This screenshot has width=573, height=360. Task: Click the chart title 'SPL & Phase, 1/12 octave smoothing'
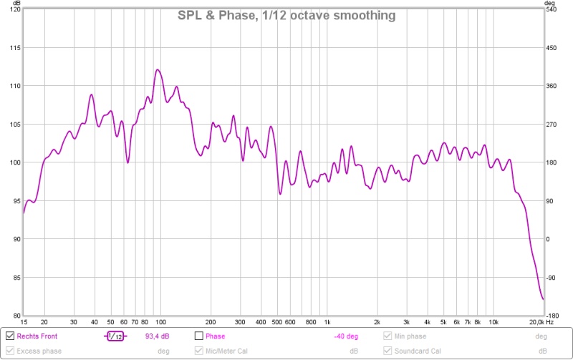click(x=286, y=15)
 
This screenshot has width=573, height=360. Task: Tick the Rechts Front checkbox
click(x=10, y=336)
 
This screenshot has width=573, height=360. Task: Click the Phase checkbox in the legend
click(x=199, y=336)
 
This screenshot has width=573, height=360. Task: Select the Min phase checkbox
click(x=388, y=336)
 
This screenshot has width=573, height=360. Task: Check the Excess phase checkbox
click(x=10, y=351)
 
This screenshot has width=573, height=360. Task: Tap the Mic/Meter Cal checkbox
click(x=199, y=351)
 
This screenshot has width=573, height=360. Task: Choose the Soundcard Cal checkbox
click(x=388, y=351)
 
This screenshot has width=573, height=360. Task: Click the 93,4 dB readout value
click(x=157, y=336)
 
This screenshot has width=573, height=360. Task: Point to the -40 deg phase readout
click(x=346, y=336)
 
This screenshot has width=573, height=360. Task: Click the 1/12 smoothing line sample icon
click(x=114, y=336)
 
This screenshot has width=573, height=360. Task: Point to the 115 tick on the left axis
click(x=14, y=48)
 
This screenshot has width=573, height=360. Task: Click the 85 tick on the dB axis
click(x=15, y=277)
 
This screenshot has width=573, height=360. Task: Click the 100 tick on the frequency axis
click(x=160, y=323)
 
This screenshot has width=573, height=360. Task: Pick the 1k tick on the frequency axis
click(x=327, y=323)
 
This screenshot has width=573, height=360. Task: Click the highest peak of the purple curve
click(x=158, y=69)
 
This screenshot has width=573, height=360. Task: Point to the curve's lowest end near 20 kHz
click(x=543, y=299)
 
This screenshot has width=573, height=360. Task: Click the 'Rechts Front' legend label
click(x=37, y=336)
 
